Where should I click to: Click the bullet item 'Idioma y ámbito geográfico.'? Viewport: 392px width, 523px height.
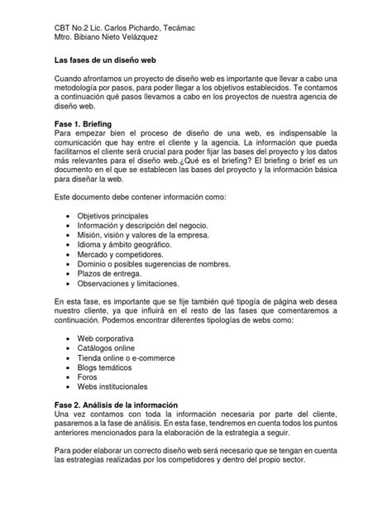pos(125,246)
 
